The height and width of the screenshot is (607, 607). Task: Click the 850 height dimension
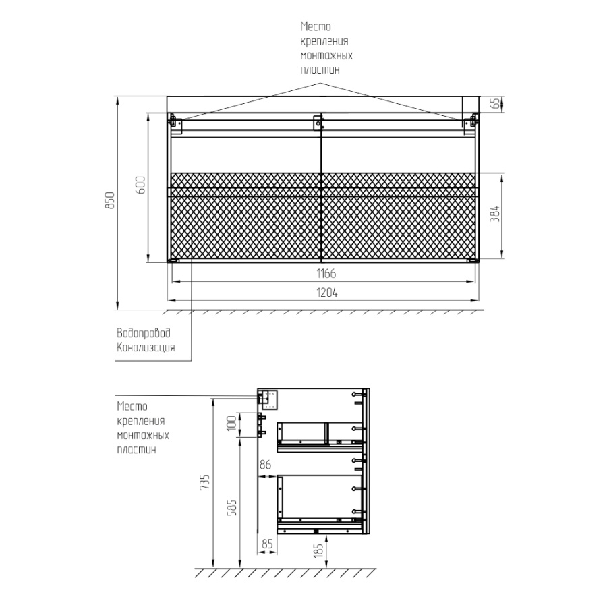pos(110,200)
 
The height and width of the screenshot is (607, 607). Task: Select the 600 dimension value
pos(140,185)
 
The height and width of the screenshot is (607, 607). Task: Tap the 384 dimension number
pos(495,214)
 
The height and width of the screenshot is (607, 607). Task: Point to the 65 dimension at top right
pos(495,104)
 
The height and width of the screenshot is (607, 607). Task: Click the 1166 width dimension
pos(326,274)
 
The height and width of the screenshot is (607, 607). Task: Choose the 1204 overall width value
pos(327,293)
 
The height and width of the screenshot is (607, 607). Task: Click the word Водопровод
pos(144,333)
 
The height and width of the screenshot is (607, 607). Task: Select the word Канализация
pos(146,347)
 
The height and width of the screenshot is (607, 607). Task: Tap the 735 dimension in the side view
pos(204,482)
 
